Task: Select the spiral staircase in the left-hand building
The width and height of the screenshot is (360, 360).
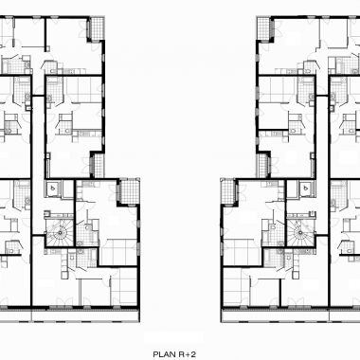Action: point(59,232)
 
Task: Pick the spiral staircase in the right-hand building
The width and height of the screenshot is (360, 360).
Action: point(301,232)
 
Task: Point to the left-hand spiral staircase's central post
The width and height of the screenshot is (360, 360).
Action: point(59,232)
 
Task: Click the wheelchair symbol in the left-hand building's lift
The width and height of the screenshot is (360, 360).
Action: point(53,189)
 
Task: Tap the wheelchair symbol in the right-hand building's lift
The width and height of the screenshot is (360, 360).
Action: point(306,189)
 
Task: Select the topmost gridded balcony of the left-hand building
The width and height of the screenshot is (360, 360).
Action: point(97,28)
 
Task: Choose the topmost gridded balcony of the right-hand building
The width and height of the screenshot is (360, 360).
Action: point(263,28)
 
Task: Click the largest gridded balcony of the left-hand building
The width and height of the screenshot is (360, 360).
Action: point(129,190)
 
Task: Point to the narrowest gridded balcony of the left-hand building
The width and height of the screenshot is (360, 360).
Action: point(99,165)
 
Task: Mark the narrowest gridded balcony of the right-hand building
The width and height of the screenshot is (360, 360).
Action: point(261,165)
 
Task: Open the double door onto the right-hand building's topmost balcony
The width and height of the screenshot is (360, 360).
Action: point(275,28)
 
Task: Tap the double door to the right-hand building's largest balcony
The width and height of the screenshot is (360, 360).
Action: point(240,192)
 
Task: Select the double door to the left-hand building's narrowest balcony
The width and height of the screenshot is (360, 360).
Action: point(88,166)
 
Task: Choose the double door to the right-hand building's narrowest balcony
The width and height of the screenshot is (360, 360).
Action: point(273,166)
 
